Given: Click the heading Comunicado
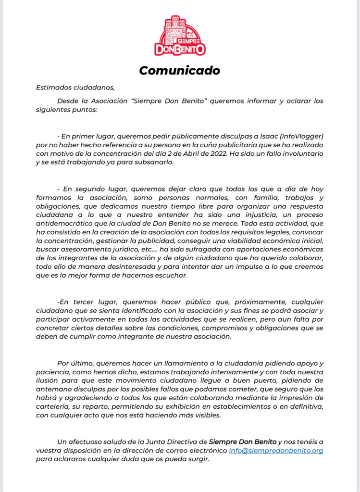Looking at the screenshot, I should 180,70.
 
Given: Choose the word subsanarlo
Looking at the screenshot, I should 160,162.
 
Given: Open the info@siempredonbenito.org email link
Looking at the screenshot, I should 276,451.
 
